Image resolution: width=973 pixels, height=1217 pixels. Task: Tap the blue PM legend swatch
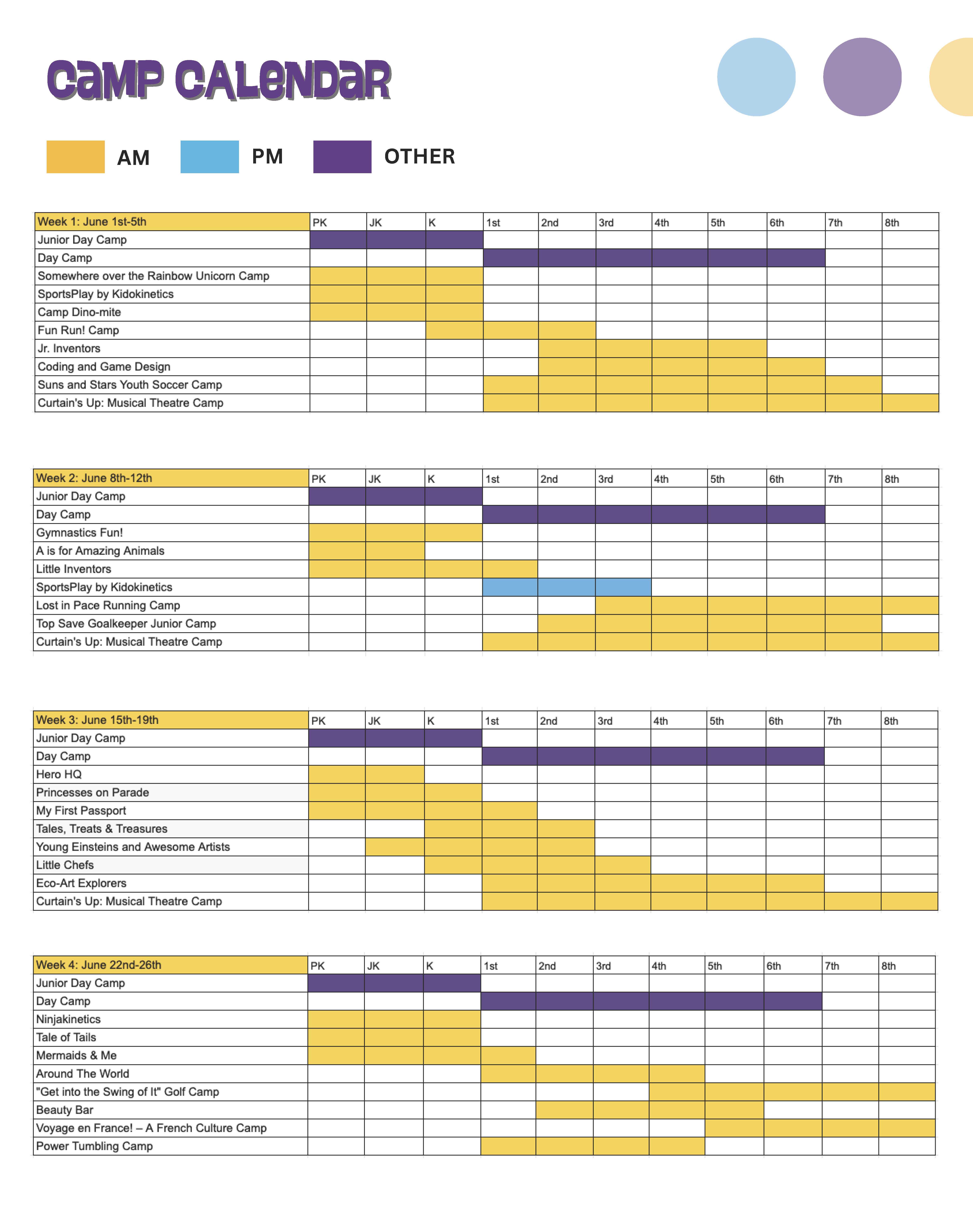click(x=209, y=157)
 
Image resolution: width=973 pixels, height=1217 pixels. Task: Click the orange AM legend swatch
click(x=76, y=157)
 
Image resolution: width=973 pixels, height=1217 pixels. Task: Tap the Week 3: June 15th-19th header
click(x=97, y=720)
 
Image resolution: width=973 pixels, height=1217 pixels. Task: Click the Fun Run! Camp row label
click(x=78, y=330)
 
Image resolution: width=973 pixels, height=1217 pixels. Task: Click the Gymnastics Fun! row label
click(x=79, y=532)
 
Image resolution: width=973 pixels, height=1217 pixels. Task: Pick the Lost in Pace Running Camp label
click(x=108, y=605)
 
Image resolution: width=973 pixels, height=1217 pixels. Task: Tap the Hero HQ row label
click(x=59, y=774)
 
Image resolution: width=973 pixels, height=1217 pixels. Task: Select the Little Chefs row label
click(x=65, y=865)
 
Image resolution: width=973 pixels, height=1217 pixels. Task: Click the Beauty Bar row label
click(x=64, y=1110)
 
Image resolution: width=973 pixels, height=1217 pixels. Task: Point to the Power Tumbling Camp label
click(x=94, y=1146)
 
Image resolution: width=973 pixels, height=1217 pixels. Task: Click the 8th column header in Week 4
click(x=889, y=966)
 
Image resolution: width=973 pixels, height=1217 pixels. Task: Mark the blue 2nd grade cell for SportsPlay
click(x=566, y=587)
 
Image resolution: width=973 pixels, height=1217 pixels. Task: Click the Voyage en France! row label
click(x=151, y=1128)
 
